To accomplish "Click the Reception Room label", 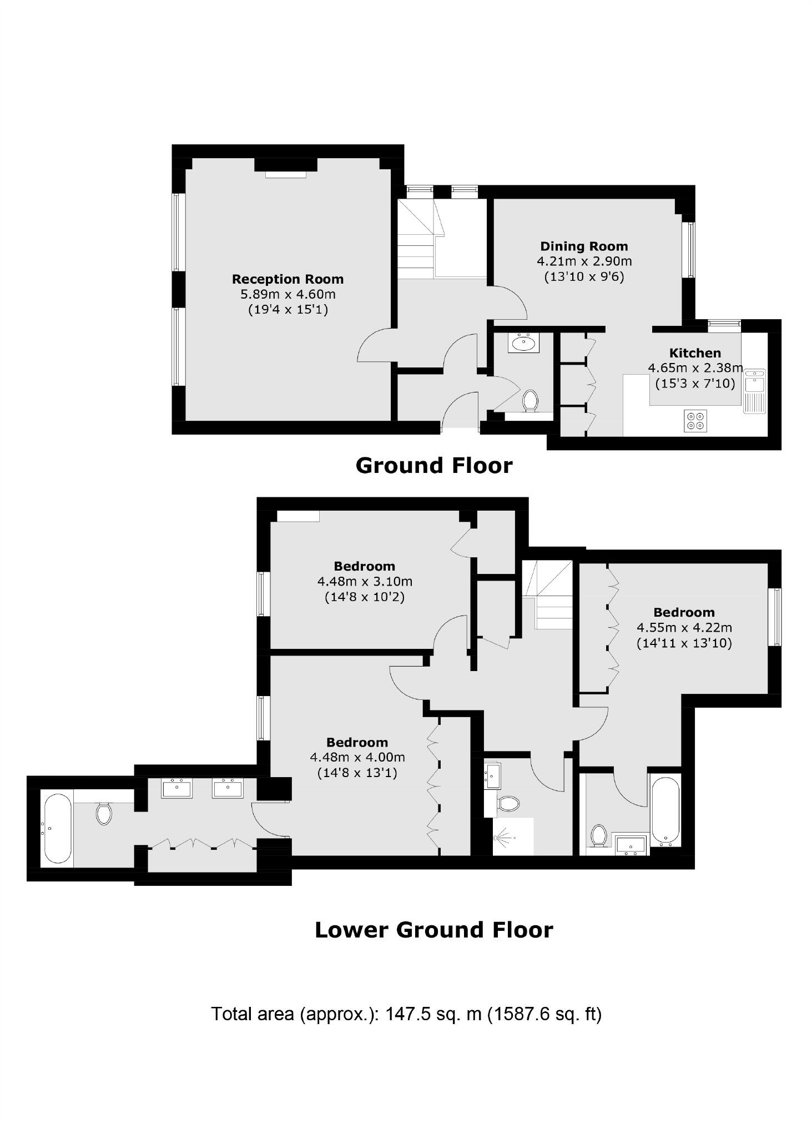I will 288,279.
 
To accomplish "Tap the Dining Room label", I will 584,246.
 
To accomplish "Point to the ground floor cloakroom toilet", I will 530,401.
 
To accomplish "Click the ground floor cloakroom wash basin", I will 522,343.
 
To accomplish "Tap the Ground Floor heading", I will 433,465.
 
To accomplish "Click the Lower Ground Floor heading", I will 433,930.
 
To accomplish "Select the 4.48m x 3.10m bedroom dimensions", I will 365,582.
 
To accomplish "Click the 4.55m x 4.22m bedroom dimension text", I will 684,628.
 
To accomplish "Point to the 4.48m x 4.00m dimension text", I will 357,757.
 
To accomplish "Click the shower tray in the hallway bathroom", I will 513,836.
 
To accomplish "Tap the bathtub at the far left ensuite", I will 57,828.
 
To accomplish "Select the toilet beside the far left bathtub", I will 104,813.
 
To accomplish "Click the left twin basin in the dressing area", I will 176,789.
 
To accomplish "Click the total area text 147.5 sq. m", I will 406,1014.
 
